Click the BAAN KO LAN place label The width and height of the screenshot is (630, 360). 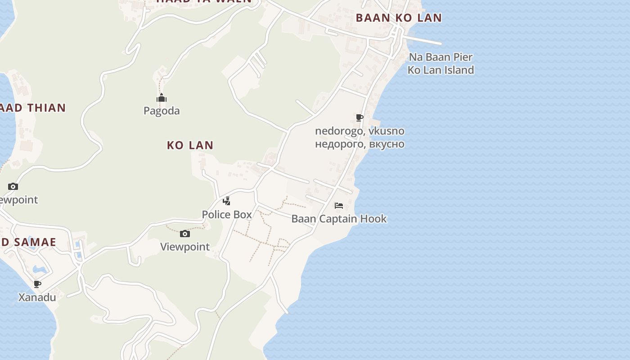[x=399, y=18]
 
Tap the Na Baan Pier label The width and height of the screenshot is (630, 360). [x=441, y=57]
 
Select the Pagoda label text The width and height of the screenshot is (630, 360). [x=162, y=111]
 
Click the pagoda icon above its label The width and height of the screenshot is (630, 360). [x=162, y=98]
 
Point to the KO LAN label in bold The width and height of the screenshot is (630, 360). [x=190, y=145]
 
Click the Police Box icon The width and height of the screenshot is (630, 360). [x=227, y=201]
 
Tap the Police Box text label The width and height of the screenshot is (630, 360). [x=227, y=215]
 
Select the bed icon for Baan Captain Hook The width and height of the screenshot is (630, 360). [x=339, y=206]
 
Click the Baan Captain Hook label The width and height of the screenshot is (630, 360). [x=339, y=219]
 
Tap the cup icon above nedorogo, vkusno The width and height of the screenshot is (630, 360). [x=360, y=118]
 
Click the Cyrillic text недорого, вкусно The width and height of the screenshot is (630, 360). [x=360, y=144]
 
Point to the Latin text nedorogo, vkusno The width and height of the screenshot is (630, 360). [x=360, y=131]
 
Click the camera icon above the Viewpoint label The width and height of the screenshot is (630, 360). [x=185, y=234]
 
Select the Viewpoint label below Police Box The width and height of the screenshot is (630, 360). [x=185, y=247]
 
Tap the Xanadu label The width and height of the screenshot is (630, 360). [x=37, y=297]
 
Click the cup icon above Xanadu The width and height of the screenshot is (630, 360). [x=37, y=284]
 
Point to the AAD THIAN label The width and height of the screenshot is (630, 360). [x=33, y=108]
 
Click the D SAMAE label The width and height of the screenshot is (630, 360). [x=28, y=242]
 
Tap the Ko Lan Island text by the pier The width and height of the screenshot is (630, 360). [x=441, y=70]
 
